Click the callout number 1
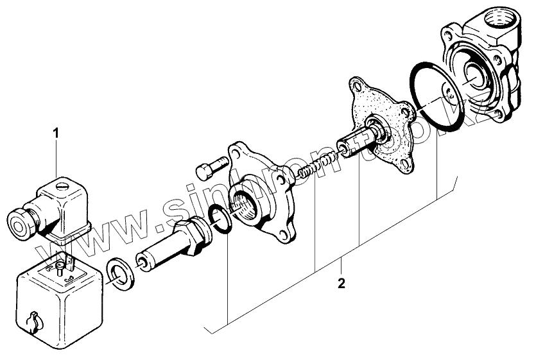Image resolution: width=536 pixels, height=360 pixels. coord(56,133)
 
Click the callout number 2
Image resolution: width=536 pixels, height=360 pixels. coord(341,283)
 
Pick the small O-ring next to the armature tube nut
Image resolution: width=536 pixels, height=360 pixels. coord(220,219)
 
